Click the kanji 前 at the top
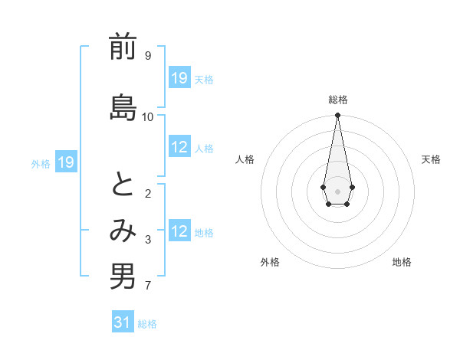[123, 48]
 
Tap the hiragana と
[123, 185]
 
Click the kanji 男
[123, 277]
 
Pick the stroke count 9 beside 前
[147, 56]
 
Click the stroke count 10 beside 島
[148, 116]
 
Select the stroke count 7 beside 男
[147, 286]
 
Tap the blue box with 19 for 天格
[179, 78]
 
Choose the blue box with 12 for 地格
[179, 231]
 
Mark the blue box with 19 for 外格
[65, 162]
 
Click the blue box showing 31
[123, 323]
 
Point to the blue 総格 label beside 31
[147, 324]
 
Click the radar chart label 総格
[338, 100]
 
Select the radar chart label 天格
[431, 159]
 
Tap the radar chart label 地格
[402, 262]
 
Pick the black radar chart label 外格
[270, 262]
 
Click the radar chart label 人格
[245, 159]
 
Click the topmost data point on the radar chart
[337, 116]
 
